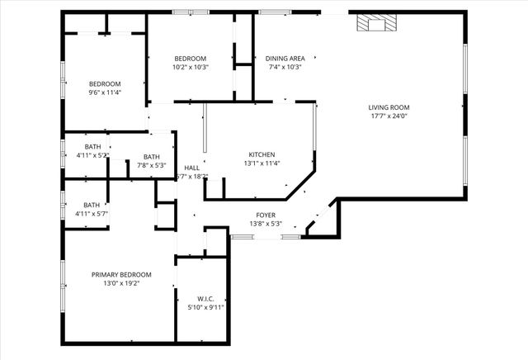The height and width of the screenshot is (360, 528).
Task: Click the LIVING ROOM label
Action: coord(389,107)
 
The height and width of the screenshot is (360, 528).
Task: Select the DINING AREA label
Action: coord(285,59)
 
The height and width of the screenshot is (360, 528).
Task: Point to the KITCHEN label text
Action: coord(262,154)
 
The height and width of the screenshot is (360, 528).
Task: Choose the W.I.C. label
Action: coord(205,298)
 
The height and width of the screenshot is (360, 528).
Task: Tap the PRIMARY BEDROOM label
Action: coord(121,274)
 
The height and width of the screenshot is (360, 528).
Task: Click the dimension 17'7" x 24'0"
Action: coord(389,116)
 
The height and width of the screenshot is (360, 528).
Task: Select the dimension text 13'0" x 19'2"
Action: coord(121,283)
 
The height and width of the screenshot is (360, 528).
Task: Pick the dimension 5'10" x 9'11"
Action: coord(205,307)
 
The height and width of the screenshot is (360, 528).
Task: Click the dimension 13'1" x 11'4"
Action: coord(262,163)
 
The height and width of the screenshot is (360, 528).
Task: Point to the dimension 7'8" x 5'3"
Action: coord(152,165)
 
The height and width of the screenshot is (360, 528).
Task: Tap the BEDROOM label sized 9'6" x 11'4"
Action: coord(105,83)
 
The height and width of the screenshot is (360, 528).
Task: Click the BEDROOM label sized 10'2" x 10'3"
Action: coord(191,59)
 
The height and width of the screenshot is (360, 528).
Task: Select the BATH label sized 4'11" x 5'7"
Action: coord(92,205)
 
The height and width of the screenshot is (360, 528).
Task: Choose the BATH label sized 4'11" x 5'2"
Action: coord(92,146)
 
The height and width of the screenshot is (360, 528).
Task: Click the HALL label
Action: coord(191,168)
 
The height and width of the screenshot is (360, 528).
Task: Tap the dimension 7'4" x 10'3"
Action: coord(285,68)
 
